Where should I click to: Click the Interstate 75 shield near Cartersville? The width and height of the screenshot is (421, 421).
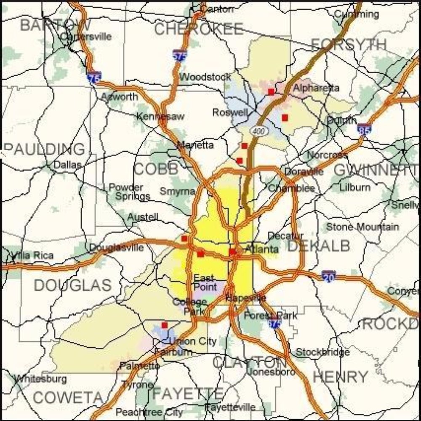[94, 77]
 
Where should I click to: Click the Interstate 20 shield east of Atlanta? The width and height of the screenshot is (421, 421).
[329, 276]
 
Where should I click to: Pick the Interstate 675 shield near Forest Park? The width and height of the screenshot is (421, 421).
[274, 322]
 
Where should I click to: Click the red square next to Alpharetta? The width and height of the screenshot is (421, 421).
[271, 91]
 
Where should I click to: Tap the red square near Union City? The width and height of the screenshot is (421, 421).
[165, 325]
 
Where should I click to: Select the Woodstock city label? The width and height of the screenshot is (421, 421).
[205, 77]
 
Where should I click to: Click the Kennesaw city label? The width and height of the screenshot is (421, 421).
[160, 117]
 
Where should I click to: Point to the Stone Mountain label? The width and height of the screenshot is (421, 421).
[362, 227]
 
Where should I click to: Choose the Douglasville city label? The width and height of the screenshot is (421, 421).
[117, 248]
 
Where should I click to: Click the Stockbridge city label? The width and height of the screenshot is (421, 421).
[322, 352]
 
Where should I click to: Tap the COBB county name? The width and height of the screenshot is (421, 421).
[156, 169]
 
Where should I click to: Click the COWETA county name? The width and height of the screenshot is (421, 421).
[67, 397]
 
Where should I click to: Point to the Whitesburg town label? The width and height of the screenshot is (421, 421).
[40, 379]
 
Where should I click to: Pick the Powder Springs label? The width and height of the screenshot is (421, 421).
[130, 192]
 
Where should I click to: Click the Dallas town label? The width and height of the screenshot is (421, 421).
[67, 165]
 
